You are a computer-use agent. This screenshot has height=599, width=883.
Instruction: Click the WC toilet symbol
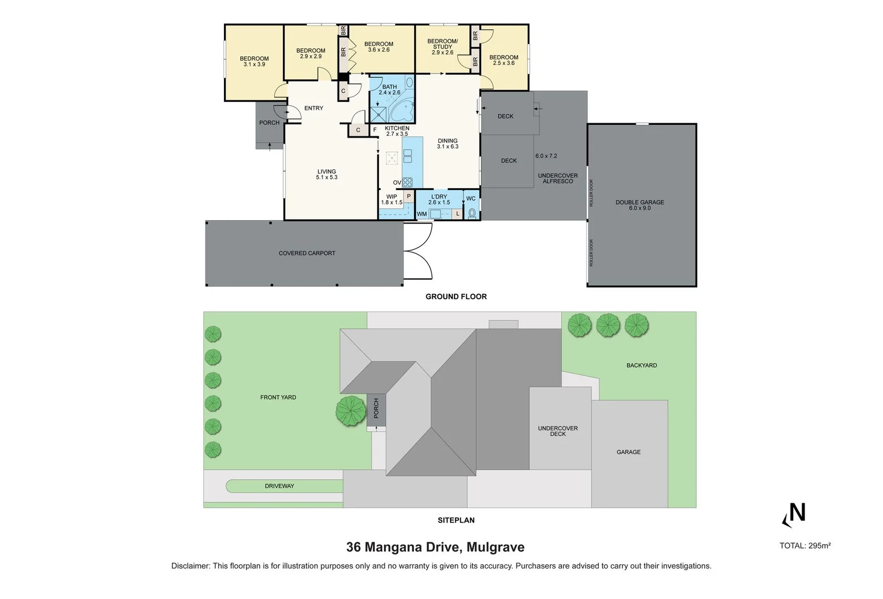[x=472, y=214]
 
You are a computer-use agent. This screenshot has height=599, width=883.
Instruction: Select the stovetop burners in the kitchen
[x=407, y=182]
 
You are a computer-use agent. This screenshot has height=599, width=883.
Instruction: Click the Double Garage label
[x=640, y=205]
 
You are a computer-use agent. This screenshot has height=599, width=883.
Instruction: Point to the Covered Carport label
[x=307, y=253]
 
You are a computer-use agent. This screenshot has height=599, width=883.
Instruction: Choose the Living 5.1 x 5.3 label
[x=327, y=174]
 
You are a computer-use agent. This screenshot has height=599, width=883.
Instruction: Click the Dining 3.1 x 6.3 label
[x=447, y=144]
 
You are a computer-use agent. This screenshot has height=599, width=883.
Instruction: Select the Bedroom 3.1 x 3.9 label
[x=254, y=62]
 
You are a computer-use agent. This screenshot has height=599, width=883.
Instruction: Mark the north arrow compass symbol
[x=794, y=515]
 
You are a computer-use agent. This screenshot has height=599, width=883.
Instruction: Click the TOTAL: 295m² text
[x=805, y=546]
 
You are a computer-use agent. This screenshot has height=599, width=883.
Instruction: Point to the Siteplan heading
[x=456, y=520]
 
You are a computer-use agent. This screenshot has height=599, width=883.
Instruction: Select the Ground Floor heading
[x=456, y=297]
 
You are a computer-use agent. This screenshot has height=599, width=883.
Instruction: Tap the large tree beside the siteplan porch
[x=351, y=411]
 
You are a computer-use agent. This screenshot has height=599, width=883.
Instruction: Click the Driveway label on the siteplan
[x=279, y=486]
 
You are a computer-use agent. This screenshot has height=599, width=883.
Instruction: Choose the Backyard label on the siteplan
[x=642, y=366]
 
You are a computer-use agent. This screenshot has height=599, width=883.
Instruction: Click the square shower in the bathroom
[x=379, y=114]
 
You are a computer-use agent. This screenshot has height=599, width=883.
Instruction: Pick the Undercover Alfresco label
[x=558, y=178]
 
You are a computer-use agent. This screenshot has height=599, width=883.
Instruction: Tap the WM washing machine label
[x=422, y=214]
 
